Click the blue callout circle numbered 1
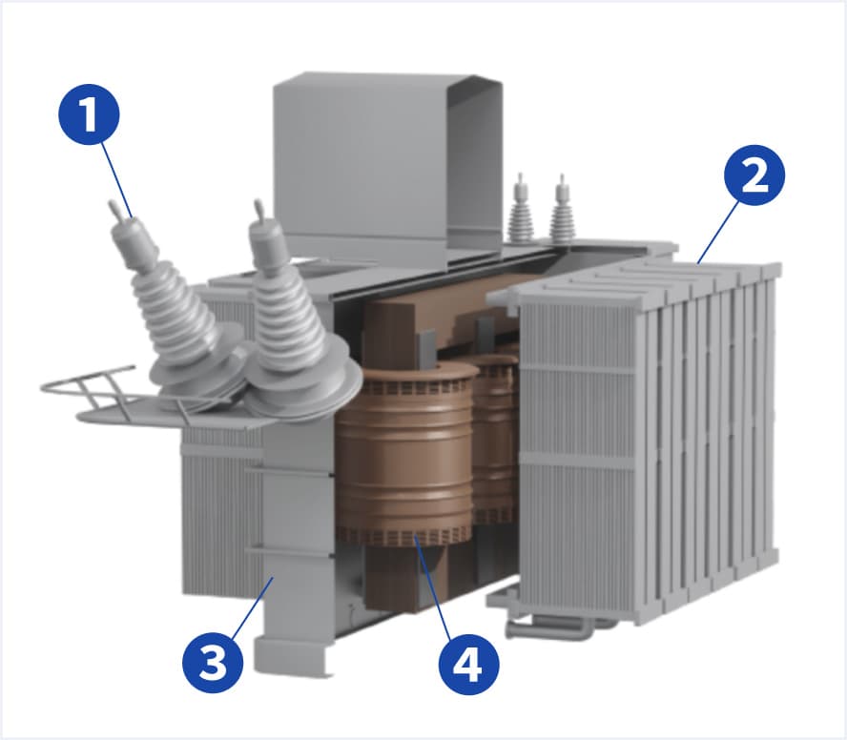point(89,114)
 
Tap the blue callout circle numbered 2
point(754,175)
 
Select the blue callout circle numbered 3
point(213,662)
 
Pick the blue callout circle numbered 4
point(468,665)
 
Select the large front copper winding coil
point(405,454)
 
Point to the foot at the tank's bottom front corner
point(292,657)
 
